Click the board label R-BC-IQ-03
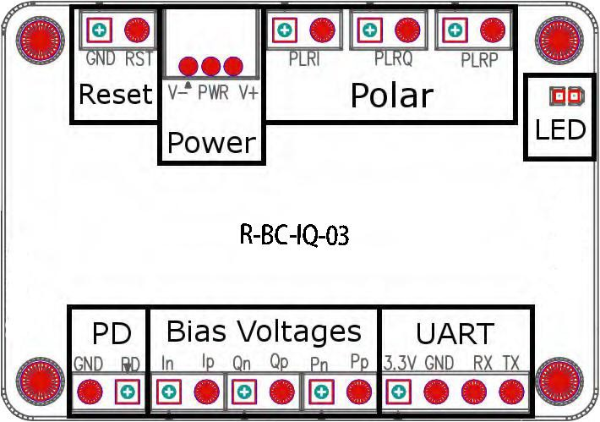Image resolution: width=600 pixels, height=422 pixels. pyautogui.click(x=294, y=236)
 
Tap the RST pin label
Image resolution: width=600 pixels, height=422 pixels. pyautogui.click(x=139, y=60)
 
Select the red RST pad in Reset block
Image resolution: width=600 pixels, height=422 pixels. pyautogui.click(x=134, y=31)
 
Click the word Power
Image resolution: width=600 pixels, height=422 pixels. pyautogui.click(x=210, y=143)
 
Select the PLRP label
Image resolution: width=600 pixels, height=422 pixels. pyautogui.click(x=479, y=61)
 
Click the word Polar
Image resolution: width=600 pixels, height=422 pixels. pyautogui.click(x=391, y=96)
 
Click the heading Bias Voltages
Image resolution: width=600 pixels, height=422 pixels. pyautogui.click(x=264, y=331)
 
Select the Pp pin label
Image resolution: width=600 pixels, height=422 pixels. pyautogui.click(x=360, y=362)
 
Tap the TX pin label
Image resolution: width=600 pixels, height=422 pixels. pyautogui.click(x=510, y=363)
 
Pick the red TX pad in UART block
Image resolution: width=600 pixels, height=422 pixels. pyautogui.click(x=508, y=392)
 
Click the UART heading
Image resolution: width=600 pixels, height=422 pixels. pyautogui.click(x=455, y=332)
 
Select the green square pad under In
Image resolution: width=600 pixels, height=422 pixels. pyautogui.click(x=169, y=392)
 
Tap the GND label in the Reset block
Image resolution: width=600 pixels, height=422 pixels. pyautogui.click(x=101, y=60)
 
